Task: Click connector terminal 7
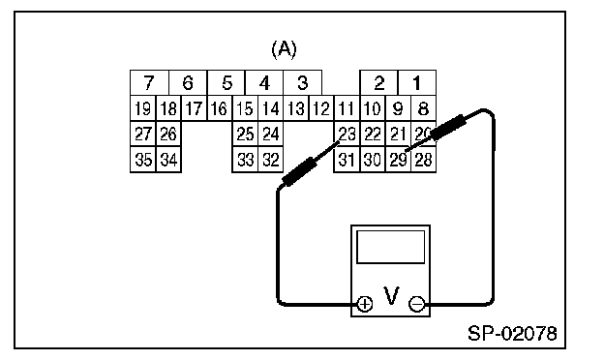[x=149, y=82]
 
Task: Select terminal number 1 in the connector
[x=417, y=82]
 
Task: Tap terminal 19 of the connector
[x=143, y=108]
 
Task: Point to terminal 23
[x=347, y=134]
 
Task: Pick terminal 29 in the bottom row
[x=398, y=159]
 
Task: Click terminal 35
[x=143, y=159]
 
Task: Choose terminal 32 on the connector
[x=270, y=159]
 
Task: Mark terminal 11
[x=347, y=108]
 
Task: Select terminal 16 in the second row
[x=220, y=108]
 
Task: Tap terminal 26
[x=168, y=134]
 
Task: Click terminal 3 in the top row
[x=302, y=82]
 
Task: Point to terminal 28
[x=423, y=159]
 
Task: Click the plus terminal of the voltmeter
[x=365, y=304]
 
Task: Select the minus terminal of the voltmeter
[x=416, y=304]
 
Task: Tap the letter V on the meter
[x=391, y=296]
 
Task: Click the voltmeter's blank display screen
[x=391, y=247]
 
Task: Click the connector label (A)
[x=285, y=49]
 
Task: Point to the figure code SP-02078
[x=512, y=334]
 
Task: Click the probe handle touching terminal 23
[x=300, y=171]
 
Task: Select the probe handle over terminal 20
[x=448, y=128]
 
